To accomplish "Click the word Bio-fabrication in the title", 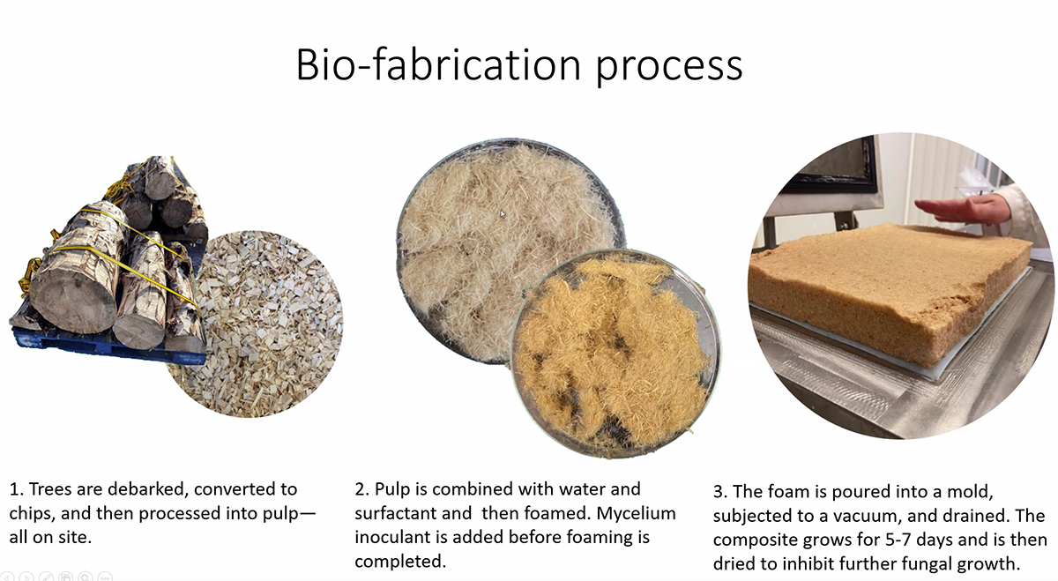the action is click(x=438, y=64).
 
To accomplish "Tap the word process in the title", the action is click(x=669, y=69).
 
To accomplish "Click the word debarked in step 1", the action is click(x=148, y=489).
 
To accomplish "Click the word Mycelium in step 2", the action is click(x=636, y=514).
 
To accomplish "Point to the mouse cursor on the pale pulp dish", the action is click(x=503, y=214).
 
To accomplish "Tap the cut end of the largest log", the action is click(x=73, y=299).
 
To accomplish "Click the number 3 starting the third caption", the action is click(x=719, y=492).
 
